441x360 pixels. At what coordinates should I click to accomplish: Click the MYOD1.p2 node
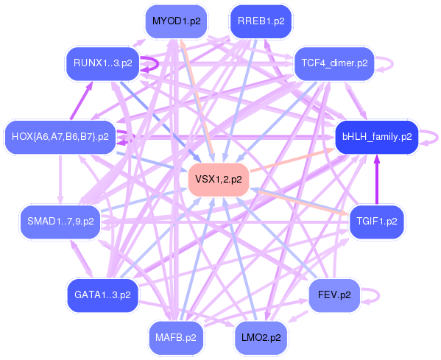pyautogui.click(x=177, y=21)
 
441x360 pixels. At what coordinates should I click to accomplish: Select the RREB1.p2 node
pyautogui.click(x=261, y=21)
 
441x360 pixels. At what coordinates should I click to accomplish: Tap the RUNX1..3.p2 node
pyautogui.click(x=102, y=63)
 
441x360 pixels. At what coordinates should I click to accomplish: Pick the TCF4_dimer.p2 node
pyautogui.click(x=334, y=63)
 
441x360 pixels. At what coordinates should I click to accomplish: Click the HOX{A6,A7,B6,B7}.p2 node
pyautogui.click(x=60, y=137)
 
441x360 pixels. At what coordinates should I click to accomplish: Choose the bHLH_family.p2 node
pyautogui.click(x=377, y=137)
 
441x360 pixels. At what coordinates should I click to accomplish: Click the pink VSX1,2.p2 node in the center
pyautogui.click(x=219, y=180)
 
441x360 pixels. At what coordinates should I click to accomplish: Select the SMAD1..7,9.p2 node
pyautogui.click(x=60, y=222)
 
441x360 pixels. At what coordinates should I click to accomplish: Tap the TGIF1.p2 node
pyautogui.click(x=377, y=222)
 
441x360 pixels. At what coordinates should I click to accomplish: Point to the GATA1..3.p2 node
pyautogui.click(x=102, y=295)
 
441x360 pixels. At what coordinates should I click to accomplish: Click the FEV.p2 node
pyautogui.click(x=334, y=295)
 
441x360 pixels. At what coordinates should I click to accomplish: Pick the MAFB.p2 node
pyautogui.click(x=176, y=338)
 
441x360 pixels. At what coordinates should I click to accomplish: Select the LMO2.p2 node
pyautogui.click(x=261, y=338)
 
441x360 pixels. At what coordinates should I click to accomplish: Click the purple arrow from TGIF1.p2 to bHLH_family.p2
pyautogui.click(x=377, y=180)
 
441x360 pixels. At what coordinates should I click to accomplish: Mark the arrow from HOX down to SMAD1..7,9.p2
pyautogui.click(x=60, y=180)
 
